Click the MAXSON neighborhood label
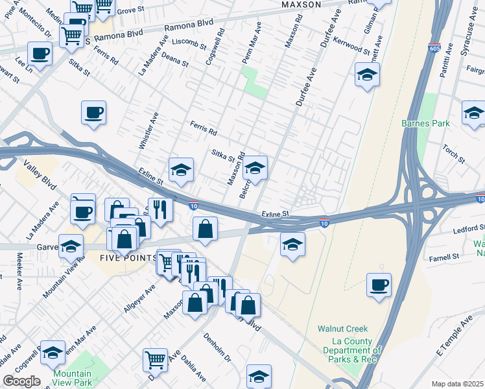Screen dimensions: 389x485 [302, 5]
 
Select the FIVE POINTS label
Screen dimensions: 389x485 [128, 258]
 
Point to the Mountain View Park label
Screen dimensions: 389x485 [72, 378]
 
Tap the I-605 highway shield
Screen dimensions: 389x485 [434, 47]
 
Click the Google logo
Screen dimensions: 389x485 [21, 381]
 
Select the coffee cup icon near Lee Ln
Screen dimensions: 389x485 [39, 53]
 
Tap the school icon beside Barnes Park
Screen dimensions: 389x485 [474, 112]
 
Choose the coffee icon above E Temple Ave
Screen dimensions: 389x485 [379, 284]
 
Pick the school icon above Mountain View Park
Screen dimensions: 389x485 [53, 351]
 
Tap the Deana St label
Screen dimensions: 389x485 [176, 61]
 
